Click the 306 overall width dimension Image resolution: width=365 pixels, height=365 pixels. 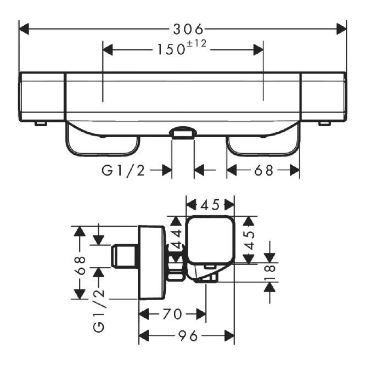coord(188,29)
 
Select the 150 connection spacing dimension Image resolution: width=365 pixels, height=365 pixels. coord(171,49)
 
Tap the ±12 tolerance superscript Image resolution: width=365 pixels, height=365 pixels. coord(196,43)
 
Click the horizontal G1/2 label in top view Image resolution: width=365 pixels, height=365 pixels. coord(123,170)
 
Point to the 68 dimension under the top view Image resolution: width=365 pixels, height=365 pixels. coord(263,170)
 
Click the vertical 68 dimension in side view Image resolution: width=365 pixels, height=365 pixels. coord(80,266)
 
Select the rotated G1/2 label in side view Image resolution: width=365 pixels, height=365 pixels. coord(98,311)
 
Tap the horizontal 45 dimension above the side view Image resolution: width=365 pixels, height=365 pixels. coord(210,205)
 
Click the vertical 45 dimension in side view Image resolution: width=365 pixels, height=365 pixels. coord(249,240)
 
